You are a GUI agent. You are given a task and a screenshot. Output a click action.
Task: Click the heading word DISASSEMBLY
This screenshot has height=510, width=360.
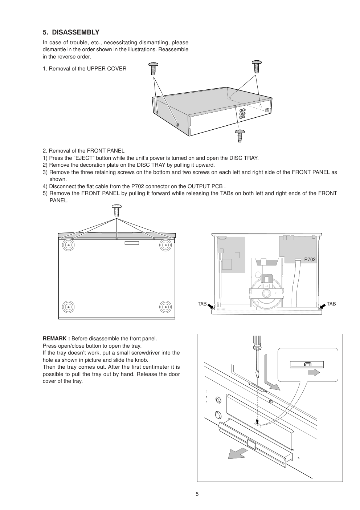(75, 32)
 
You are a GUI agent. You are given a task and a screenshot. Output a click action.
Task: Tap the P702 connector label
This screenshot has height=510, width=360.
(310, 260)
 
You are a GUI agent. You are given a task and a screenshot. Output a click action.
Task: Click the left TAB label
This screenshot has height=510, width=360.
(202, 304)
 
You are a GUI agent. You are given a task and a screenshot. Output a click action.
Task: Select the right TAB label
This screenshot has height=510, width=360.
(331, 304)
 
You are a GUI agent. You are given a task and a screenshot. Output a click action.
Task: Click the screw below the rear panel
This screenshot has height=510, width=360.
(239, 136)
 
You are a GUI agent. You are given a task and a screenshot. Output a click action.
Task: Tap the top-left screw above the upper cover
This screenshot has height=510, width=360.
(154, 69)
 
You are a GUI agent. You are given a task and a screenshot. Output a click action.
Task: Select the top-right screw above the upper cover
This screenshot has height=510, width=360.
(257, 67)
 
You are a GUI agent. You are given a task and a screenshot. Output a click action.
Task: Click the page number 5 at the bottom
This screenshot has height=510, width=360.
(197, 494)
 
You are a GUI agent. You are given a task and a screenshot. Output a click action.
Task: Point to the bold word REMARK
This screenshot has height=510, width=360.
(56, 339)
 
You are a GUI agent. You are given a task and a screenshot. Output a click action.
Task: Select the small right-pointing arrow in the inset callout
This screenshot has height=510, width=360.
(313, 372)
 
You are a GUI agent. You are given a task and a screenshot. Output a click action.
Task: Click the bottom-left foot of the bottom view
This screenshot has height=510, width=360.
(68, 307)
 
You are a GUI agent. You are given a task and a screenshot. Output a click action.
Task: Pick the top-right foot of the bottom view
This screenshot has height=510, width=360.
(165, 246)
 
